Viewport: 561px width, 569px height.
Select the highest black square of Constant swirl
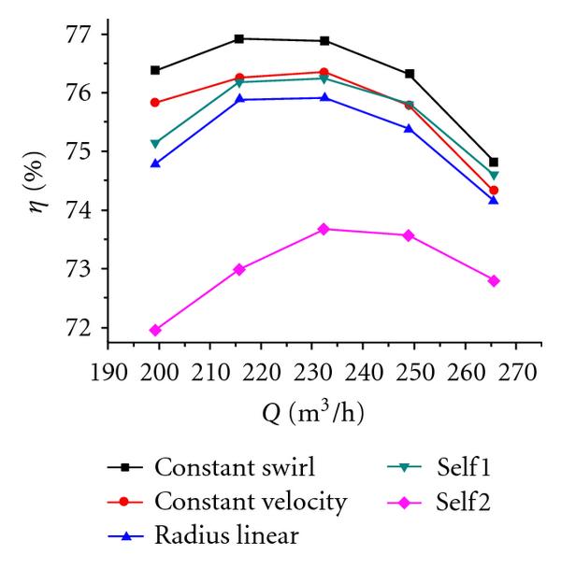239,38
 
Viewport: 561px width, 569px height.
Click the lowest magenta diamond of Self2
155,330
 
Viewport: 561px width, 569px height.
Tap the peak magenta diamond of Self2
324,229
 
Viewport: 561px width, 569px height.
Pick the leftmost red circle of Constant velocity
155,103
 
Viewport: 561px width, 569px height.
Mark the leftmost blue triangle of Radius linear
155,164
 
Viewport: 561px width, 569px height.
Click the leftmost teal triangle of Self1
155,144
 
